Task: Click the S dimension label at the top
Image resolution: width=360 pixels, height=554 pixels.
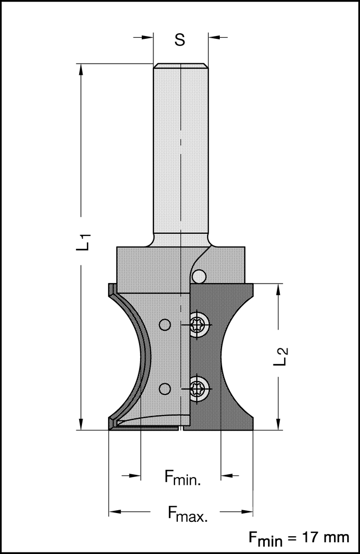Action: [179, 39]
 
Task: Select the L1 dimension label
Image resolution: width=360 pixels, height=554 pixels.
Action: [84, 243]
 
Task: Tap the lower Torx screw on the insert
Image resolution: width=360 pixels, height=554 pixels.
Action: [199, 387]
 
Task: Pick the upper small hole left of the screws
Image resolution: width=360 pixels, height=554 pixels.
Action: [164, 324]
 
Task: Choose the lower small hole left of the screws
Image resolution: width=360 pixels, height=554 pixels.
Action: [164, 387]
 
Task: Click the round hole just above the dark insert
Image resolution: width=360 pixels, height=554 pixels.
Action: [199, 275]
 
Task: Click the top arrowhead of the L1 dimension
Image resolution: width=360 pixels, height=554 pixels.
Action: [81, 70]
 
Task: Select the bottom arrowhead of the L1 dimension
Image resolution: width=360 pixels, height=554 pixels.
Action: [81, 424]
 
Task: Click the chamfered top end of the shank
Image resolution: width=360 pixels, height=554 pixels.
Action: [181, 66]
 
